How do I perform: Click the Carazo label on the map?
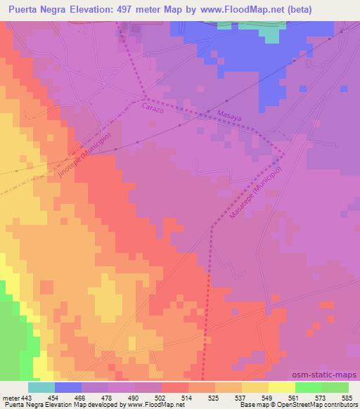click(152, 108)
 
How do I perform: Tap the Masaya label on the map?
click(229, 116)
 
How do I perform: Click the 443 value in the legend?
click(27, 397)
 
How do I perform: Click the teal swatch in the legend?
click(41, 387)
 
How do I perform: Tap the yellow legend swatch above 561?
click(282, 387)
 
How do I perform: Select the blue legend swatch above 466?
click(67, 387)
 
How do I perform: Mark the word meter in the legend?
click(11, 397)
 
